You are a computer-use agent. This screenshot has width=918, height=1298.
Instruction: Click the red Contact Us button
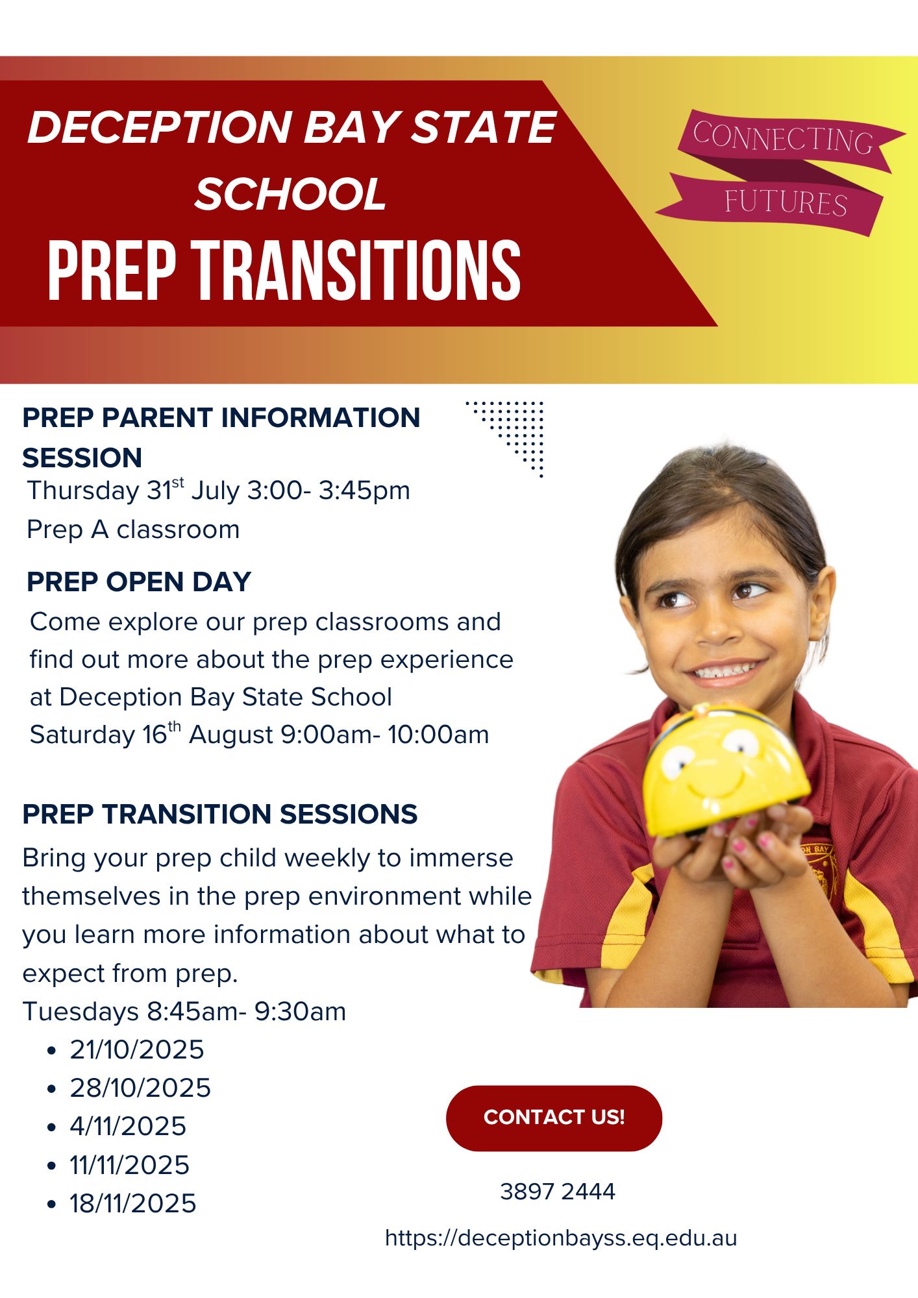(x=554, y=1118)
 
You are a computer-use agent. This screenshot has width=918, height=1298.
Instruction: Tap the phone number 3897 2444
(x=558, y=1192)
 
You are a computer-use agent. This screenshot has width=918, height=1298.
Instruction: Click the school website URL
(x=561, y=1238)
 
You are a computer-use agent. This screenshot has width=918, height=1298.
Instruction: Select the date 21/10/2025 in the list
(x=137, y=1050)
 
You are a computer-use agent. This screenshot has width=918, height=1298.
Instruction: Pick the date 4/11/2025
(x=128, y=1127)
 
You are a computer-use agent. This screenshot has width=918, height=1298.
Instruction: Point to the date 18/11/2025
(x=133, y=1204)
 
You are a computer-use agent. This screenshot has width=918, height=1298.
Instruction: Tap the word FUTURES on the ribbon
(x=786, y=202)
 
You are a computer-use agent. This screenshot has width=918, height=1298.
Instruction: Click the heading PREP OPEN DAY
(x=139, y=582)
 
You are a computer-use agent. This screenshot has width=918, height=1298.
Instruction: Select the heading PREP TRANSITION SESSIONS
(x=220, y=814)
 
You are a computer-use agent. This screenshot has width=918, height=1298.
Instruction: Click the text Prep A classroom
(x=133, y=530)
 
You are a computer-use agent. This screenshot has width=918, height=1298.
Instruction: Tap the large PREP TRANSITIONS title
(x=284, y=270)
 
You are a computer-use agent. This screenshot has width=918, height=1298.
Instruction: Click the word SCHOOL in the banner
(x=291, y=193)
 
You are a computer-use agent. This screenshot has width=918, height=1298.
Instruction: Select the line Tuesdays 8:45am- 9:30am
(x=184, y=1012)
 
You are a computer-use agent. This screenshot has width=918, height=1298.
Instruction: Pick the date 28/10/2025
(x=140, y=1088)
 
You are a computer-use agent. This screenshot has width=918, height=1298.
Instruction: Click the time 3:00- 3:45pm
(x=329, y=490)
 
